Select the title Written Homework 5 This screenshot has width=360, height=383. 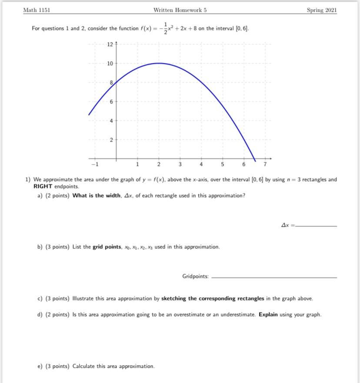click(180, 10)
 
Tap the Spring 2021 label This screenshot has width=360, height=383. click(322, 10)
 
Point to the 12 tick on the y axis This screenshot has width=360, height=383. click(110, 44)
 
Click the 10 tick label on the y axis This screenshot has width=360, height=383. click(110, 63)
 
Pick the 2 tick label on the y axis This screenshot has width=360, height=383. click(111, 140)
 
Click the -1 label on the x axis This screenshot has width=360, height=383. click(94, 165)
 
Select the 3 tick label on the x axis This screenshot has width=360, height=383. click(180, 165)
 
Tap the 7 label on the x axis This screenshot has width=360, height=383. click(265, 165)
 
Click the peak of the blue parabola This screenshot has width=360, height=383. click(158, 63)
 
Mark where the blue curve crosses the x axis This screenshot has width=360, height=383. click(254, 158)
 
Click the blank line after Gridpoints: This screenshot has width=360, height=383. click(274, 277)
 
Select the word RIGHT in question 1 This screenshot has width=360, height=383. click(43, 186)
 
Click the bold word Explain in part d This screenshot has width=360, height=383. click(268, 315)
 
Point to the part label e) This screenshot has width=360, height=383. click(40, 366)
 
